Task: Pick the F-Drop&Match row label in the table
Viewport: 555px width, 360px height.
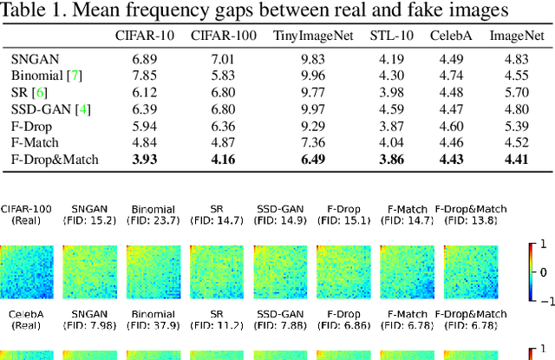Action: point(55,159)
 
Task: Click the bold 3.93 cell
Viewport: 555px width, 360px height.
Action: point(143,159)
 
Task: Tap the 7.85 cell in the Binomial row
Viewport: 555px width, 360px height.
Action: point(143,75)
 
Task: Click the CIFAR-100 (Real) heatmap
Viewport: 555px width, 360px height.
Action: point(27,269)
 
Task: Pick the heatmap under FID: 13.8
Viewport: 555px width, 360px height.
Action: point(470,269)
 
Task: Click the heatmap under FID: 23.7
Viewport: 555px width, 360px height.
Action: point(153,269)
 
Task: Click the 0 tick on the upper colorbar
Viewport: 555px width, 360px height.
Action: point(544,272)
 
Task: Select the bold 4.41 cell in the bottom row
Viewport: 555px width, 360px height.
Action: point(511,159)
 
